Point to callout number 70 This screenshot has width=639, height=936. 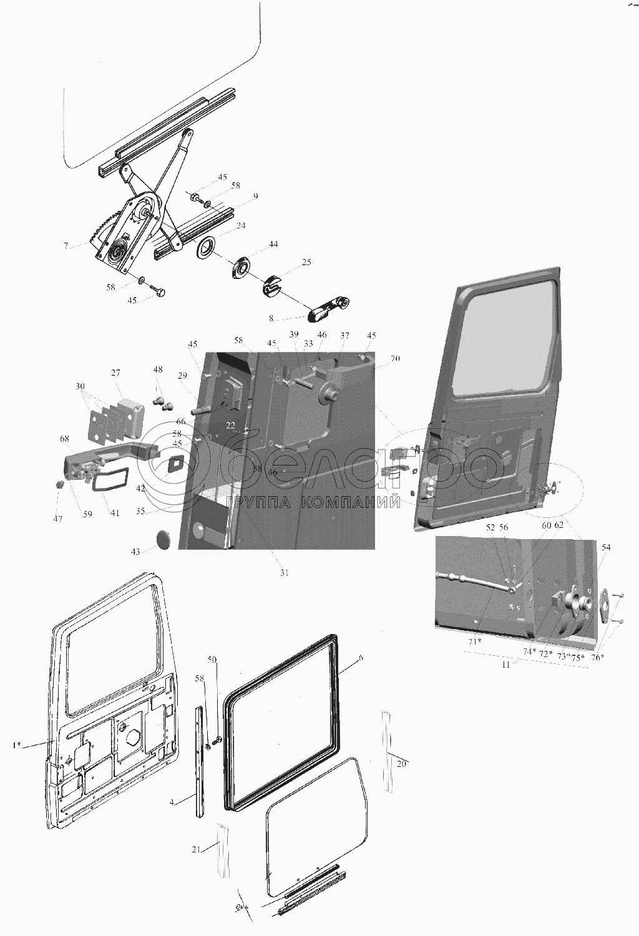[x=395, y=358]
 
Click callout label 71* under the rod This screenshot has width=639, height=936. [x=476, y=641]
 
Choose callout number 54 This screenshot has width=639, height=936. [x=606, y=547]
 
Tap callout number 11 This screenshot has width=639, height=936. [x=506, y=665]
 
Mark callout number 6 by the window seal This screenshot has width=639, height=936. [x=361, y=658]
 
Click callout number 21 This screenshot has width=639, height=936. [x=196, y=850]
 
